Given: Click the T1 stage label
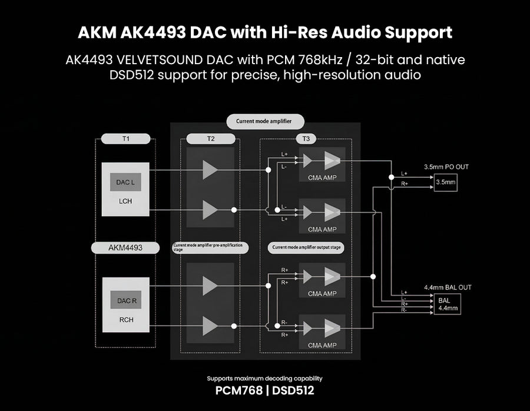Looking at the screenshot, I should coord(125,139).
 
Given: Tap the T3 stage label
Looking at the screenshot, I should coord(306,139).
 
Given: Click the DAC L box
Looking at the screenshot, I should coord(125,183).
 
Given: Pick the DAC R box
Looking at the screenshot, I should coord(125,300).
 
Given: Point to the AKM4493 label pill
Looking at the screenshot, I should coord(125,248).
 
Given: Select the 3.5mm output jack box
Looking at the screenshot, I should coord(445,183).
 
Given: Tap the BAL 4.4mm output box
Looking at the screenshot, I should coord(445,304).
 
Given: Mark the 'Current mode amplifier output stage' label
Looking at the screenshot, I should coord(305,247).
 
